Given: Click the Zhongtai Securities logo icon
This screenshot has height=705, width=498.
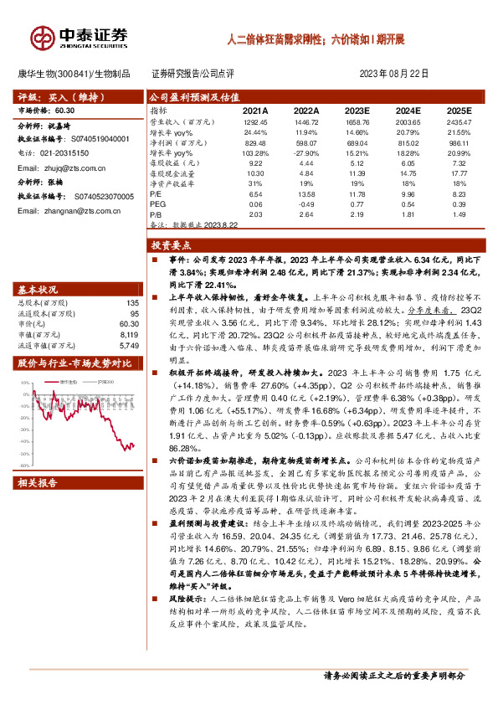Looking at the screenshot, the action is coord(42,37).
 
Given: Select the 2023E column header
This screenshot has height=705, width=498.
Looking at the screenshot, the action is coord(357,111).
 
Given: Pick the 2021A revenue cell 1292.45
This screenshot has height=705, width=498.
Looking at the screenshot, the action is coord(254,122).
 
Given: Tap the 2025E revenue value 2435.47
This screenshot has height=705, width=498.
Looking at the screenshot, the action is coord(458,122).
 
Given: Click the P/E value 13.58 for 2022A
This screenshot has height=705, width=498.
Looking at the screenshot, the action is coord(305,193).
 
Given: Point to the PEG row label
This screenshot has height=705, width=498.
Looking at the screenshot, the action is coord(157,204).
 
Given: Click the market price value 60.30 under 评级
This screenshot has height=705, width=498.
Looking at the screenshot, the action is coord(65,111).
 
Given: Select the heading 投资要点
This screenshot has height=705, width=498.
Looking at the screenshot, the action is coord(172,246).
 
